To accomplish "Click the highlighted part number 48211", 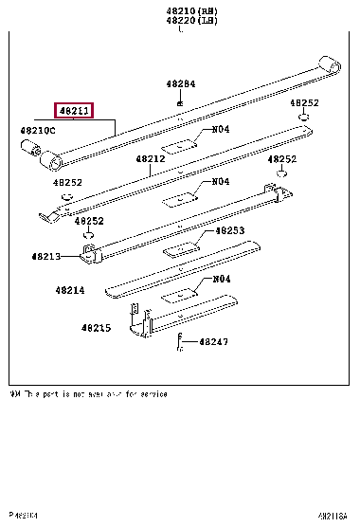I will [73, 111].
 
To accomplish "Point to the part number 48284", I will [181, 83].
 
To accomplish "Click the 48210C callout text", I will [38, 129].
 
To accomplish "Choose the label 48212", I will [150, 160].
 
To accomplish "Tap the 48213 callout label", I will [45, 257].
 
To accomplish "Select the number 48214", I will [69, 290].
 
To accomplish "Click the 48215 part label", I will [95, 328].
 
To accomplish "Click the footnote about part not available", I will [88, 393].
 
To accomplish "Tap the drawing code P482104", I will [19, 517].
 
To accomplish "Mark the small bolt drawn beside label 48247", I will [179, 343].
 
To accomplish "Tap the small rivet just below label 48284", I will [180, 100].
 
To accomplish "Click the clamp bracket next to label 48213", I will [91, 253].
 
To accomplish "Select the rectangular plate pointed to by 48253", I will [179, 249].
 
